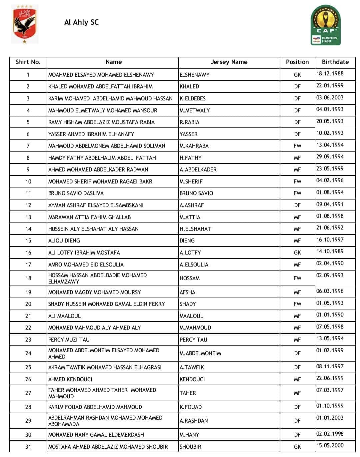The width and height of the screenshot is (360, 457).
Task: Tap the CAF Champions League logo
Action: (326, 25)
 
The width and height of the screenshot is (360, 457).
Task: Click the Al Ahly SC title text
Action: (81, 22)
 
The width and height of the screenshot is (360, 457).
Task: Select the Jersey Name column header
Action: (229, 62)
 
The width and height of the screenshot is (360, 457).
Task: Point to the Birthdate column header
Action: (335, 62)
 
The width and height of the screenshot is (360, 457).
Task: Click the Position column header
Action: (297, 62)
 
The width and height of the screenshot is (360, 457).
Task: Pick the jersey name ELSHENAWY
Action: (194, 75)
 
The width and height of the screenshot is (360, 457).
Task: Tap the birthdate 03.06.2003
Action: (330, 98)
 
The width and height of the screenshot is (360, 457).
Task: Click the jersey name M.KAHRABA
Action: (194, 146)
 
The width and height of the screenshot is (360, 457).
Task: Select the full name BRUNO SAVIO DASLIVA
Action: (76, 193)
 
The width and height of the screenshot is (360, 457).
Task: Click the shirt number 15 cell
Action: (28, 241)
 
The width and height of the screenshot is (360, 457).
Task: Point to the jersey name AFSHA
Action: (187, 292)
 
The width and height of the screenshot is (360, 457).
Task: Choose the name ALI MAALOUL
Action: (64, 316)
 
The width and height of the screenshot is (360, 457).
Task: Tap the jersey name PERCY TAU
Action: (193, 340)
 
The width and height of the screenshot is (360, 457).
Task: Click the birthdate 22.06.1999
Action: (330, 378)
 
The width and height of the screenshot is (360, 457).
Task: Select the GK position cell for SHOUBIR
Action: (297, 447)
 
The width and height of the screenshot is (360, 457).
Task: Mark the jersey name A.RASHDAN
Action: (194, 421)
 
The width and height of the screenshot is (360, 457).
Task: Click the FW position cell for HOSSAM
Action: (297, 278)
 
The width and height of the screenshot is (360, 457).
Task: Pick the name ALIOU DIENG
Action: (64, 241)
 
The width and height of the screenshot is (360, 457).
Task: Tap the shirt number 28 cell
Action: (28, 407)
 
